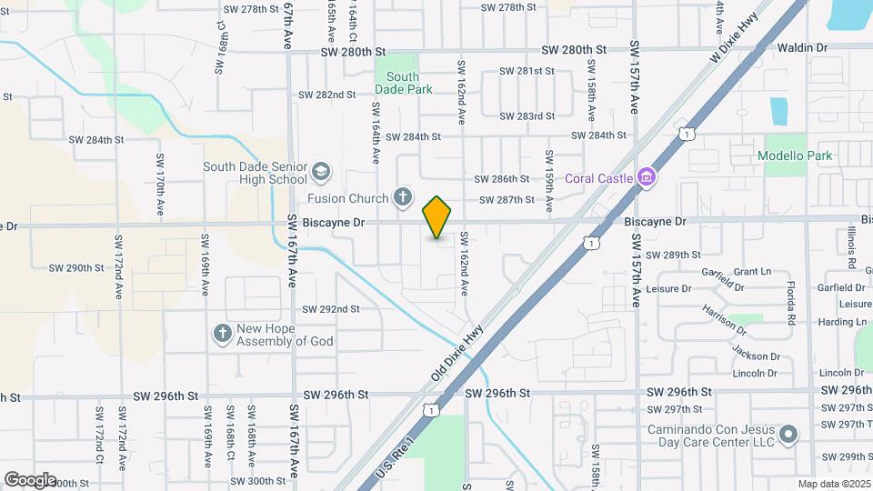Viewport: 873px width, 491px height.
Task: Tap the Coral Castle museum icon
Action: pos(646,176)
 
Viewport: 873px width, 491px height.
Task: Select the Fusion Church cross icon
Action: pos(403,197)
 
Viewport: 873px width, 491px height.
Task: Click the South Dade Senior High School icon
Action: pos(320,171)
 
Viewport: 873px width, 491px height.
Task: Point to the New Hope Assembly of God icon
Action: pos(222,334)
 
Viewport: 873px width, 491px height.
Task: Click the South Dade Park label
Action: pos(403,83)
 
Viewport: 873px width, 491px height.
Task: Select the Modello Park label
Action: pos(795,155)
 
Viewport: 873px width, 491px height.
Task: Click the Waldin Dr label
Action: pos(803,46)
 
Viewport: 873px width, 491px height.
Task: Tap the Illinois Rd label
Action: pos(851,248)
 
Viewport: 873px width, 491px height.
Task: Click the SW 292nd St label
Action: pos(331,309)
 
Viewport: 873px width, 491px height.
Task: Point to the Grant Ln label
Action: pos(751,272)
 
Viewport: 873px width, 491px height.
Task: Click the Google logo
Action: pos(30,479)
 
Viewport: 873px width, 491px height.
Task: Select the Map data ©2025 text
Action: pos(834,484)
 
